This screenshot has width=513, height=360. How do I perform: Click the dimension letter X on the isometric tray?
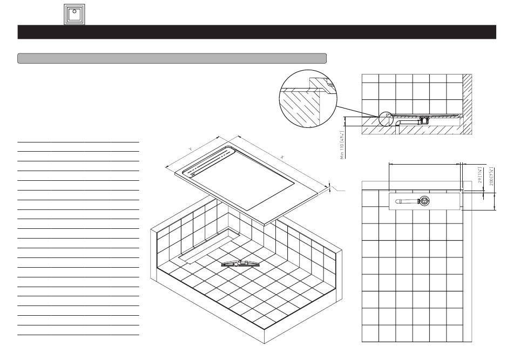pos(282,157)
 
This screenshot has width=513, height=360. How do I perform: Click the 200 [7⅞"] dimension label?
pos(490,175)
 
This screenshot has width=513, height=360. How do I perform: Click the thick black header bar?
pos(256,32)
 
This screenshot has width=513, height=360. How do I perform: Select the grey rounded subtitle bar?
pos(172,58)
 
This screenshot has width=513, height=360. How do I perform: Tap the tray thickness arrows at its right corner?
pos(329,188)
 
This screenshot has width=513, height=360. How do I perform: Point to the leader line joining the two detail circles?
pos(356,111)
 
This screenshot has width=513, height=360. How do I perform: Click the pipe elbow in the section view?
pos(397,124)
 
